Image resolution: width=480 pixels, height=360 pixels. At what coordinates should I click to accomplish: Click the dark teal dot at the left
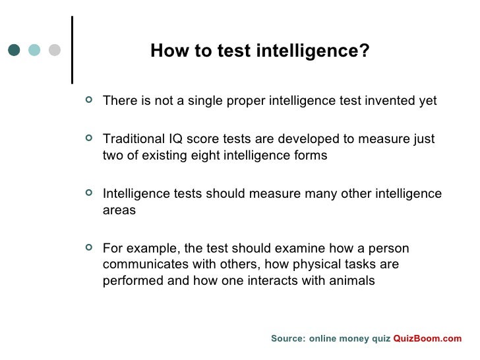(15, 50)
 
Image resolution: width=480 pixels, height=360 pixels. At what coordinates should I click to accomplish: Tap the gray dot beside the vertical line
(55, 50)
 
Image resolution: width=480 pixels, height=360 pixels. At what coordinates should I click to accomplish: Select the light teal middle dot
(35, 50)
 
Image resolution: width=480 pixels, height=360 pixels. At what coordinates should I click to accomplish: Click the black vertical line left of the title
(71, 49)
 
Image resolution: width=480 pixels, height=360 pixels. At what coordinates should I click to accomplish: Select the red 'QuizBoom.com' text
(428, 338)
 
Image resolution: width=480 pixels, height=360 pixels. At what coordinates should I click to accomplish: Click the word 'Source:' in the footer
(288, 338)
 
